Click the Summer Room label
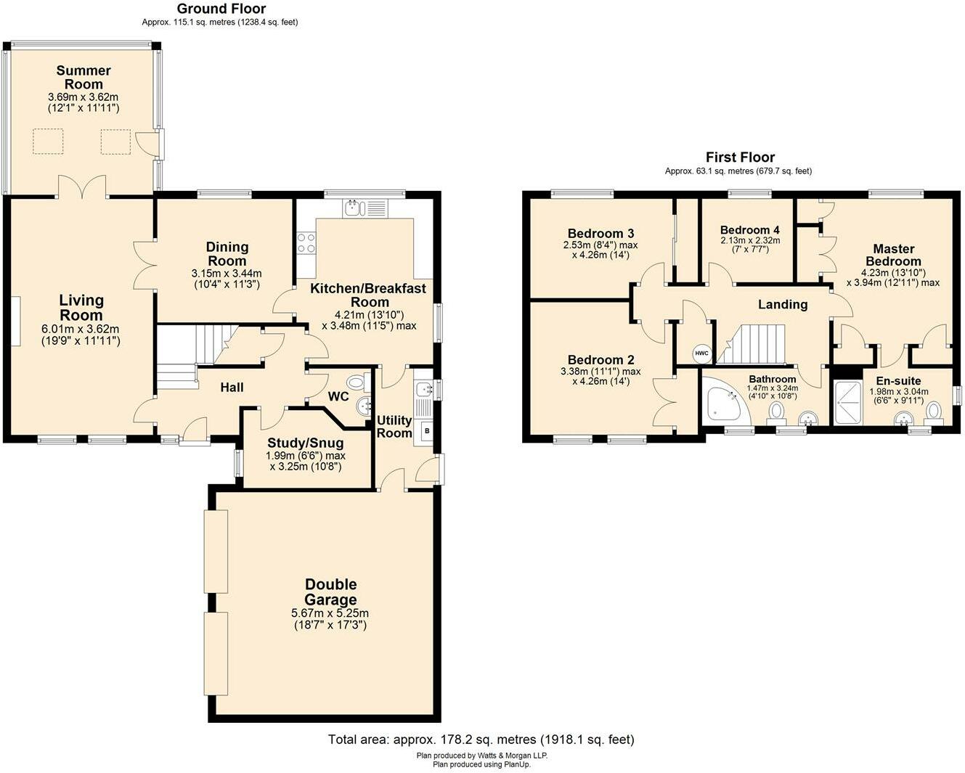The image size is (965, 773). pyautogui.click(x=84, y=76)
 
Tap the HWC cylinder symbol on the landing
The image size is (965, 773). pyautogui.click(x=701, y=353)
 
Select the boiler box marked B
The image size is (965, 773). pyautogui.click(x=426, y=431)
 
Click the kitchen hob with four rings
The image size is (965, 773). pyautogui.click(x=306, y=242)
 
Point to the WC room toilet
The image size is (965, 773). pyautogui.click(x=356, y=383)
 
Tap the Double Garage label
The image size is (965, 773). pyautogui.click(x=330, y=592)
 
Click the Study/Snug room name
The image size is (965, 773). pyautogui.click(x=305, y=443)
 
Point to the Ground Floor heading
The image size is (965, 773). pyautogui.click(x=221, y=9)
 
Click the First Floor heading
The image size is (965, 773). pyautogui.click(x=740, y=157)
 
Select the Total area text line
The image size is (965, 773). pyautogui.click(x=481, y=740)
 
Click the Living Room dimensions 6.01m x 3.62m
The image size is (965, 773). pyautogui.click(x=81, y=329)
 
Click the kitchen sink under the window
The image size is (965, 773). pyautogui.click(x=354, y=208)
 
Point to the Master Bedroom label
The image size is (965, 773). pyautogui.click(x=893, y=255)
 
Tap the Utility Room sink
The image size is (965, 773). pyautogui.click(x=423, y=390)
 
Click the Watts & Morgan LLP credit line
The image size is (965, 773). pyautogui.click(x=481, y=756)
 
